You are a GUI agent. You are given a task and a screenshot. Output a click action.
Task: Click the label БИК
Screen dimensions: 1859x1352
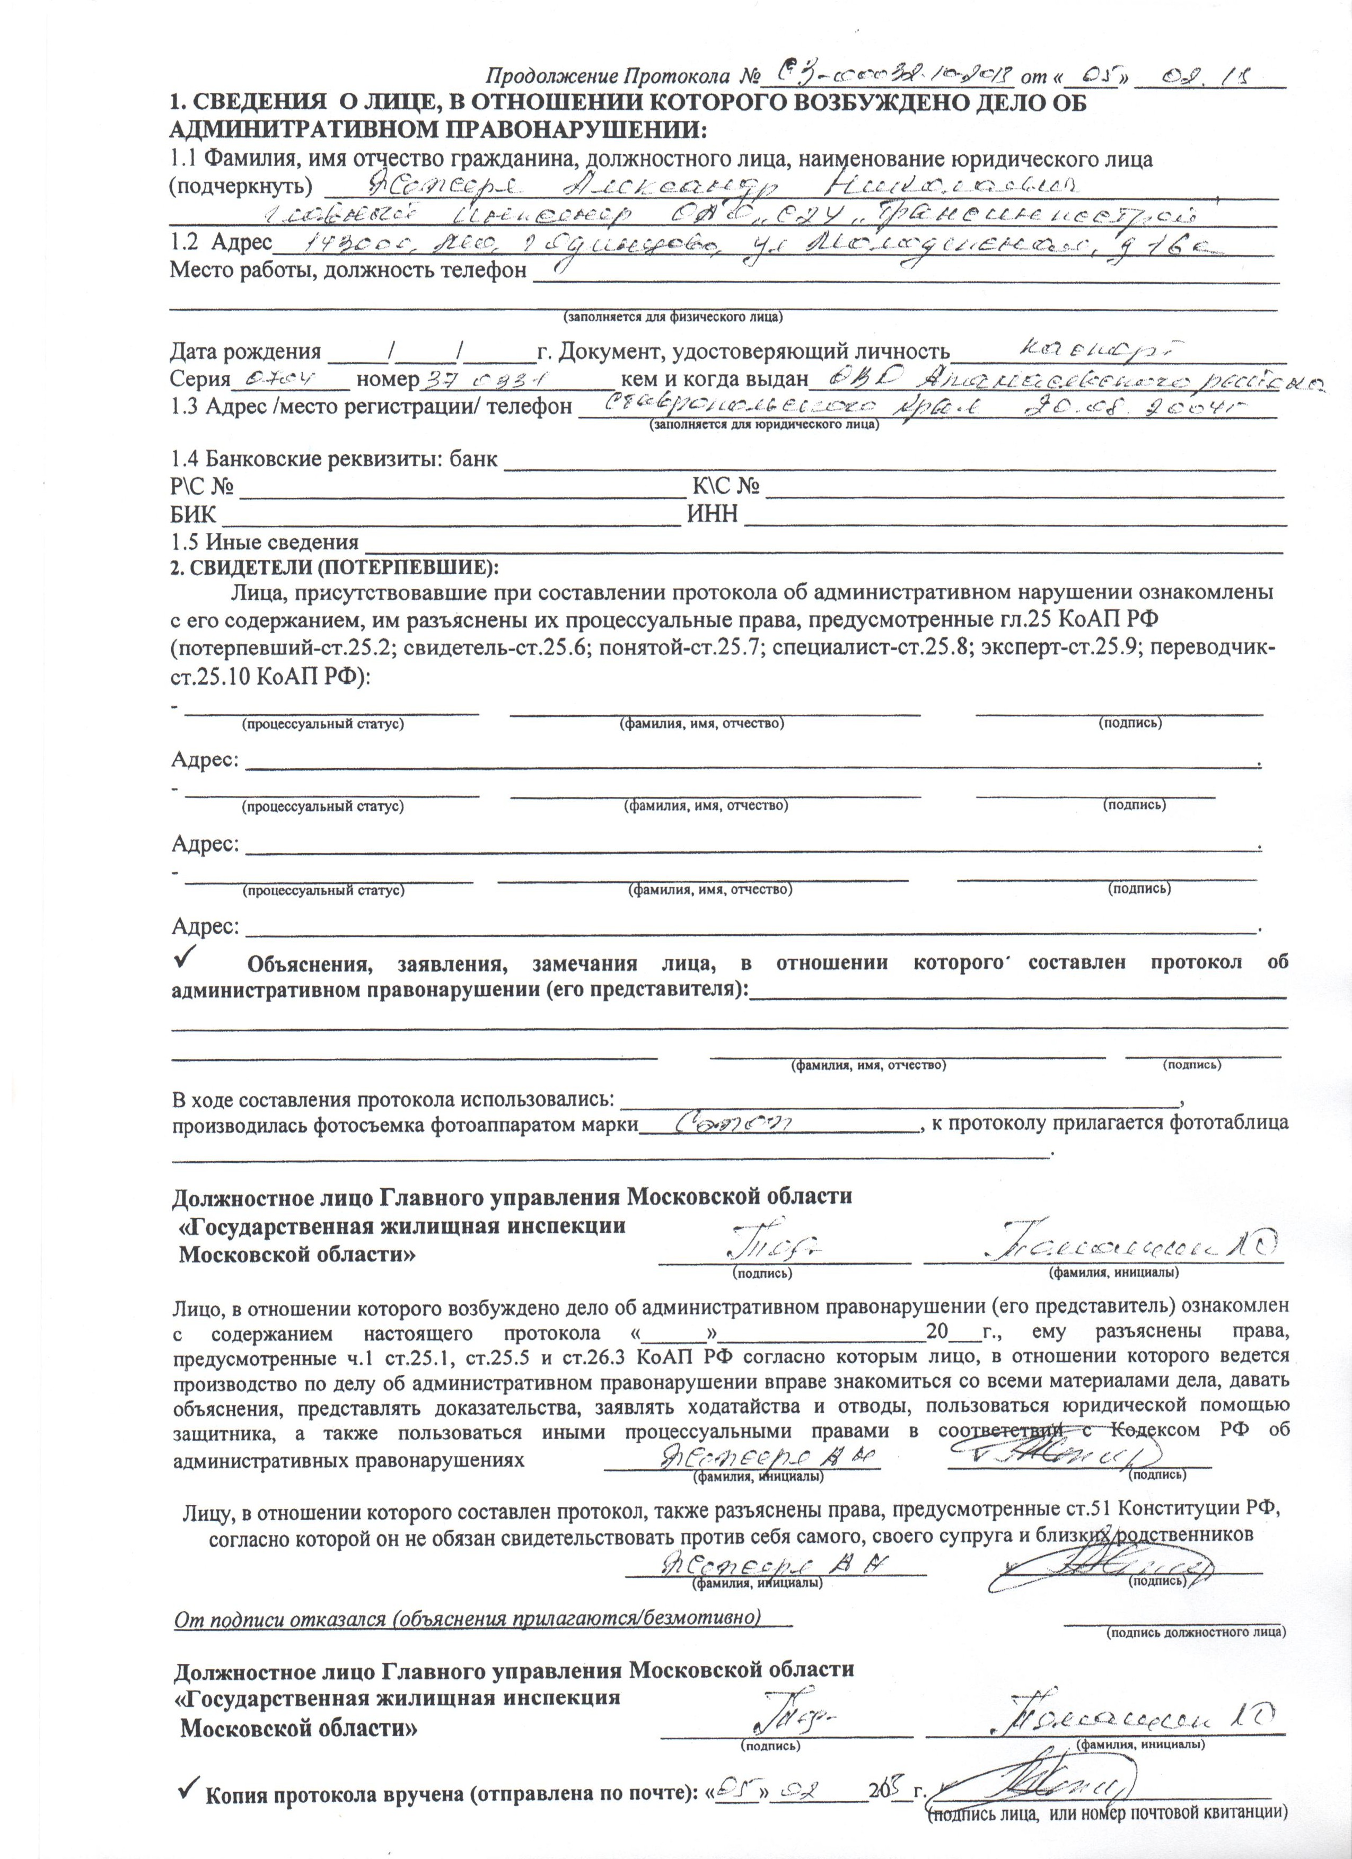click(x=194, y=515)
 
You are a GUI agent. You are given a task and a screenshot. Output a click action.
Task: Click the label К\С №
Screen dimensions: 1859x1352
click(x=725, y=487)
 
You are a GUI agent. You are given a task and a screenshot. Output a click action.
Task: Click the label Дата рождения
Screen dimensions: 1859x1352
click(x=245, y=353)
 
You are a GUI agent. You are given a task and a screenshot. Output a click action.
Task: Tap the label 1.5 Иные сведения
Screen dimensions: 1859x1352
click(x=264, y=542)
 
